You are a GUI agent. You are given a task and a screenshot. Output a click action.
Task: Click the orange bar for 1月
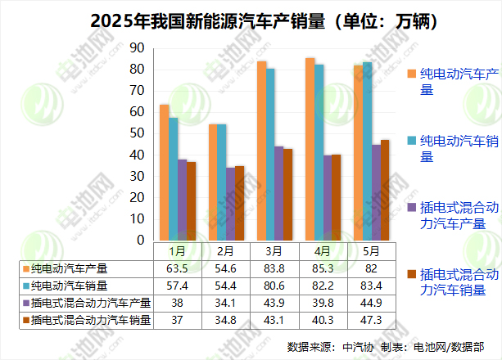coord(165,173)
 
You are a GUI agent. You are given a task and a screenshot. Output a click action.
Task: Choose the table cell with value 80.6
coord(274,286)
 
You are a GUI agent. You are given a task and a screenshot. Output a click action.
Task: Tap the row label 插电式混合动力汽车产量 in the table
coord(87,304)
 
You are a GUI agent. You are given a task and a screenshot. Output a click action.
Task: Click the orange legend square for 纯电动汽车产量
coord(411,74)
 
